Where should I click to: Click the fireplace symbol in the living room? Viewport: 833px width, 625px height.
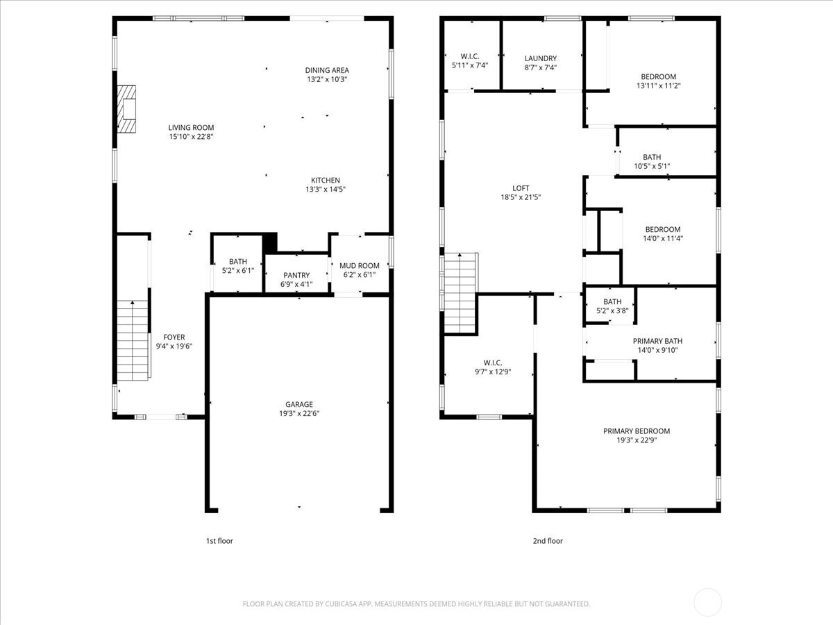tap(126, 109)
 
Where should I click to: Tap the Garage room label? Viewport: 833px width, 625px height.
tap(299, 405)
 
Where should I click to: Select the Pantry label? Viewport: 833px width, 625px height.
tap(296, 275)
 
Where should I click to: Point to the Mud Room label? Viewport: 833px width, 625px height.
tap(360, 266)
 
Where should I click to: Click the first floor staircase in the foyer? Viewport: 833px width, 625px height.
tap(133, 340)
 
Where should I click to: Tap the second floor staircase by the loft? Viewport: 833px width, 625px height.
tap(460, 293)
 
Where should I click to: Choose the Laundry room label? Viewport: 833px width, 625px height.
tap(540, 58)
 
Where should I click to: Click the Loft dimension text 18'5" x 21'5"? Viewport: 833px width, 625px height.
tap(521, 197)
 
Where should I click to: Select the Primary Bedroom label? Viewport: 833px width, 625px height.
tap(637, 431)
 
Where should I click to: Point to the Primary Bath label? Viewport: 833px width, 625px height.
tap(657, 341)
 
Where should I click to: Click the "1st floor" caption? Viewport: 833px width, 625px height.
tap(219, 541)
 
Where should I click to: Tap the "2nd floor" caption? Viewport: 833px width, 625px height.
tap(548, 541)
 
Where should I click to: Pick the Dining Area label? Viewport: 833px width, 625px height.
tap(327, 70)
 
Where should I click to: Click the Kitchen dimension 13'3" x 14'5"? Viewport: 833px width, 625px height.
tap(326, 189)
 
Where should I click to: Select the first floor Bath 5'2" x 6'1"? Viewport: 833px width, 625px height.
tap(238, 266)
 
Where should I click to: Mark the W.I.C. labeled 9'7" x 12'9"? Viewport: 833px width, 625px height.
tap(493, 367)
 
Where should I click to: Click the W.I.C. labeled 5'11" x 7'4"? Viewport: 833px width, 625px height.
tap(470, 60)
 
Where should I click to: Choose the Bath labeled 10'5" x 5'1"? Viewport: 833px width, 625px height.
tap(652, 161)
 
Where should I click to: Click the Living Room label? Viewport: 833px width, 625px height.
tap(191, 128)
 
